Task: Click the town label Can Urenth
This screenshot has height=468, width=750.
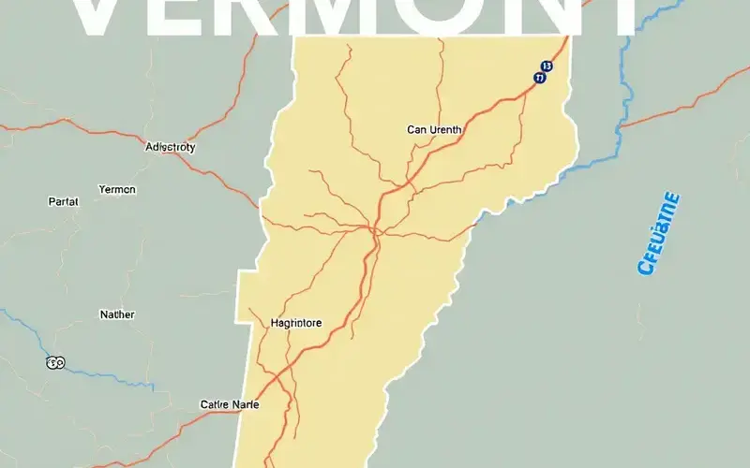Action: [435, 130]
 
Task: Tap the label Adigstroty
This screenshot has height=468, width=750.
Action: [171, 147]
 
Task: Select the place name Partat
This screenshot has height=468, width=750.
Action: [63, 201]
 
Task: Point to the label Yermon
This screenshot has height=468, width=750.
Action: [117, 189]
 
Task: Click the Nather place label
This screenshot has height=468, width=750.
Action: [117, 315]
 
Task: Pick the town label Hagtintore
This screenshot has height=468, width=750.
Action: [295, 323]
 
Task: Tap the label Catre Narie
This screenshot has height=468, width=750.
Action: [230, 404]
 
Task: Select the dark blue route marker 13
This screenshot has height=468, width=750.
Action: [546, 67]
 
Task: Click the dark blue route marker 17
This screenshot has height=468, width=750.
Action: [539, 80]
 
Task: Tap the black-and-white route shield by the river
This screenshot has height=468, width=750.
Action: [55, 361]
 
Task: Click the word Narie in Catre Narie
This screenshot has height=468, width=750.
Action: [243, 404]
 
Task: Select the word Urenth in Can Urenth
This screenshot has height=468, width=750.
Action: [445, 130]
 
